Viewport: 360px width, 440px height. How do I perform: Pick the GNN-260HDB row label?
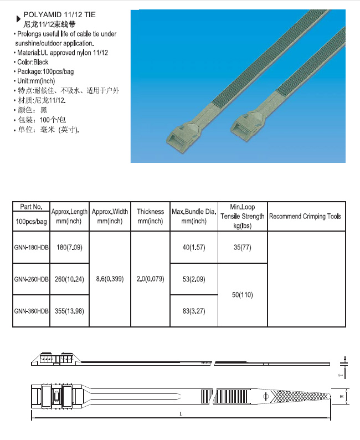point(32,279)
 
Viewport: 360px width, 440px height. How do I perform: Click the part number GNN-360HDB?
point(32,311)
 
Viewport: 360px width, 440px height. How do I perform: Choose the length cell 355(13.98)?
point(69,311)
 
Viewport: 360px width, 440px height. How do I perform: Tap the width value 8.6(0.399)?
point(110,279)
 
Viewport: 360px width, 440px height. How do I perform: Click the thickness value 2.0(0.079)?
point(150,279)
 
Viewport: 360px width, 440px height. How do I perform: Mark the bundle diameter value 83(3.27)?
point(193,311)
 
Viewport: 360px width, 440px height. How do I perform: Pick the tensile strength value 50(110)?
point(243,295)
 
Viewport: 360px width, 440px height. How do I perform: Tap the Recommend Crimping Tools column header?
point(305,216)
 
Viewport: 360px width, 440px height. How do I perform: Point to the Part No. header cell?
point(32,207)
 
